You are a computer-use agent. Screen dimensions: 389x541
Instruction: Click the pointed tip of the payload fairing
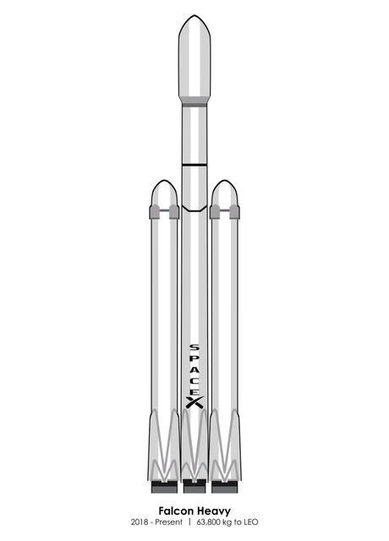(x=194, y=15)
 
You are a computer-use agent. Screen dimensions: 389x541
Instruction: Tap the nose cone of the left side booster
(x=164, y=193)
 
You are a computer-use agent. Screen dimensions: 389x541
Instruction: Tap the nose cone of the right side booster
(x=225, y=193)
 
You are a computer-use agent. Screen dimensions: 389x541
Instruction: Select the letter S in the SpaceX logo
(x=194, y=347)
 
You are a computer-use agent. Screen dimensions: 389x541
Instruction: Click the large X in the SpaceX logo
(x=194, y=402)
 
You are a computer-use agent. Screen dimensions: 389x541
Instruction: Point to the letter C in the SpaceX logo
(x=194, y=380)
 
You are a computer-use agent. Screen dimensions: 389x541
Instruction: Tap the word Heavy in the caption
(x=214, y=511)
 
